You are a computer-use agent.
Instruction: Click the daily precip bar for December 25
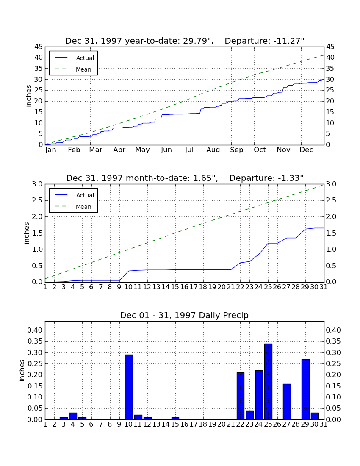coord(268,382)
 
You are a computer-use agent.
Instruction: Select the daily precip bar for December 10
coord(129,387)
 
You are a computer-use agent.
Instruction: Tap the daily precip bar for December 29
coord(305,389)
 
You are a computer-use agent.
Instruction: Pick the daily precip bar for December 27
coord(287,402)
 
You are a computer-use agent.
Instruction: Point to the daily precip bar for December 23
coord(250,415)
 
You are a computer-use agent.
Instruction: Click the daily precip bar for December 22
coord(241,396)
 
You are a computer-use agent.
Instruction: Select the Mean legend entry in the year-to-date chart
coord(73,69)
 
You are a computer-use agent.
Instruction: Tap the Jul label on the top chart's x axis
coord(189,150)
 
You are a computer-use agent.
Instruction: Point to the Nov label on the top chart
coord(283,150)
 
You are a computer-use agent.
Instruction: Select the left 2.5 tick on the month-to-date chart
coord(37,200)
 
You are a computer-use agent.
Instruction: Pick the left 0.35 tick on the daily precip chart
coord(35,341)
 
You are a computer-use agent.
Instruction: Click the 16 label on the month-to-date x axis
coord(185,287)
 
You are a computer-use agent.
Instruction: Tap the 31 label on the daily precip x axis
coord(324,424)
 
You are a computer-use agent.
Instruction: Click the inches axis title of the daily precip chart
coord(22,370)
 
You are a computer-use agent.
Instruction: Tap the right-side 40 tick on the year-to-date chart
coord(330,58)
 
